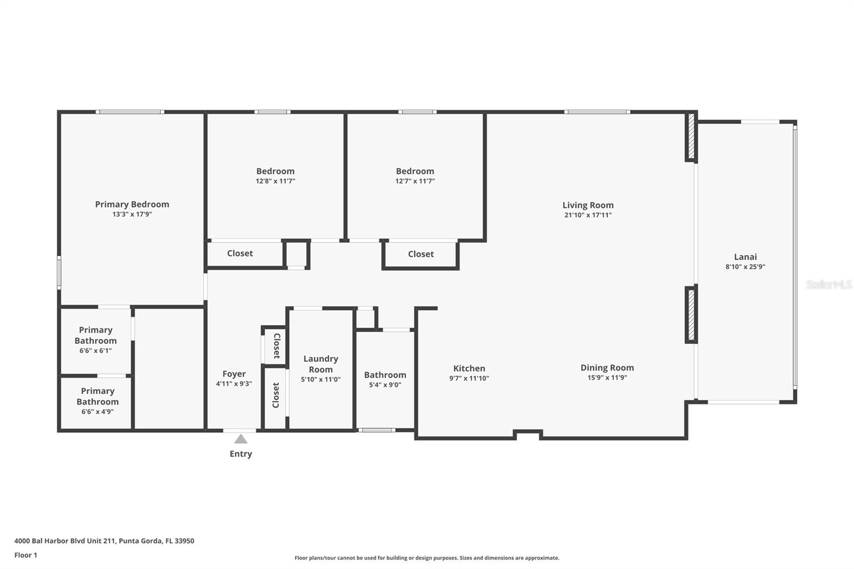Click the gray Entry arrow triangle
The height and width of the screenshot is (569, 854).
click(x=241, y=439)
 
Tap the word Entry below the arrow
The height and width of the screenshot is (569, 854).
click(x=241, y=454)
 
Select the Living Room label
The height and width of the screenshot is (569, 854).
click(x=588, y=205)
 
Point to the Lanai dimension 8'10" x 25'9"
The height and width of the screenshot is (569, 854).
click(x=745, y=266)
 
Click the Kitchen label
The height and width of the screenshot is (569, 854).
click(x=469, y=368)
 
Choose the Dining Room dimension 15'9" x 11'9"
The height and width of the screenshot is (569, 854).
click(x=607, y=377)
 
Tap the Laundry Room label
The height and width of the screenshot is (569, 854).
click(x=321, y=364)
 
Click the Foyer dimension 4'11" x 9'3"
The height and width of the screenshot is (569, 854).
click(x=234, y=384)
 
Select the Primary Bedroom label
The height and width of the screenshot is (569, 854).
click(x=132, y=204)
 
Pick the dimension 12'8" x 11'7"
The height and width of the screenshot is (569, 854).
click(x=275, y=181)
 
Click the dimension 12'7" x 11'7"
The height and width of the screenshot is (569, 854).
click(x=415, y=181)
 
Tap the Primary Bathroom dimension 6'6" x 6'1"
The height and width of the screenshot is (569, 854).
click(x=96, y=351)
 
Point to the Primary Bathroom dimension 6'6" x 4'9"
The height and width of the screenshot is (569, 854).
click(x=97, y=412)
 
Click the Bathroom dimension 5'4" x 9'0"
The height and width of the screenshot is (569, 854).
click(x=385, y=385)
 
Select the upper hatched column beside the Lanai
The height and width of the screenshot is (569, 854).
click(x=691, y=137)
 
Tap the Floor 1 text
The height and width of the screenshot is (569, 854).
click(x=26, y=555)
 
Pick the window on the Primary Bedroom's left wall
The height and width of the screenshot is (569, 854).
click(x=59, y=273)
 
